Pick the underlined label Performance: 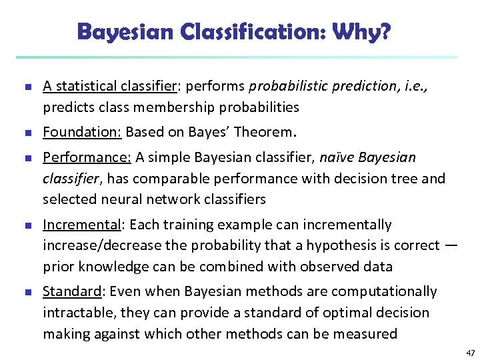point(87,157)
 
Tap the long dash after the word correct point(451,245)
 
